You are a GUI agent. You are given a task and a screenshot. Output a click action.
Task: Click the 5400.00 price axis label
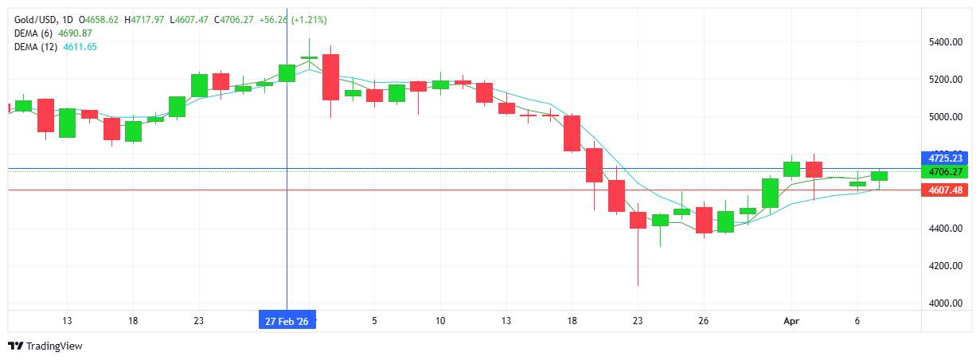pos(945,41)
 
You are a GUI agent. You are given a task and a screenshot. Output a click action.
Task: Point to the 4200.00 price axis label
pos(945,266)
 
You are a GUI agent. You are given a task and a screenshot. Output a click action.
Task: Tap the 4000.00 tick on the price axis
pos(945,303)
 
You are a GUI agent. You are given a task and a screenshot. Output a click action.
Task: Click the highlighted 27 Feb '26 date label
pos(287,321)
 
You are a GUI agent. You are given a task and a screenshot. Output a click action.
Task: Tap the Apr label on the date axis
pos(790,321)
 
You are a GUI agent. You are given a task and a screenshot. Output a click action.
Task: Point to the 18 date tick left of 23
pos(133,321)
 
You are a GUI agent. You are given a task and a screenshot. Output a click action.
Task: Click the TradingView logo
pos(45,346)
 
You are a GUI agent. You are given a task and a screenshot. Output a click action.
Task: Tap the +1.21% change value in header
pos(306,19)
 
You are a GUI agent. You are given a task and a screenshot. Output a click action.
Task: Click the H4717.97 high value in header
pos(148,19)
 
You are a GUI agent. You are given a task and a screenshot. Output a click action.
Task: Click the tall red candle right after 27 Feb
pos(330,76)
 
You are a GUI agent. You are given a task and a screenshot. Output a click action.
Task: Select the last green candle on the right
pos(879,175)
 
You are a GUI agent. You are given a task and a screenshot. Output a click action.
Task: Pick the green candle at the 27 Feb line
pos(287,72)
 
